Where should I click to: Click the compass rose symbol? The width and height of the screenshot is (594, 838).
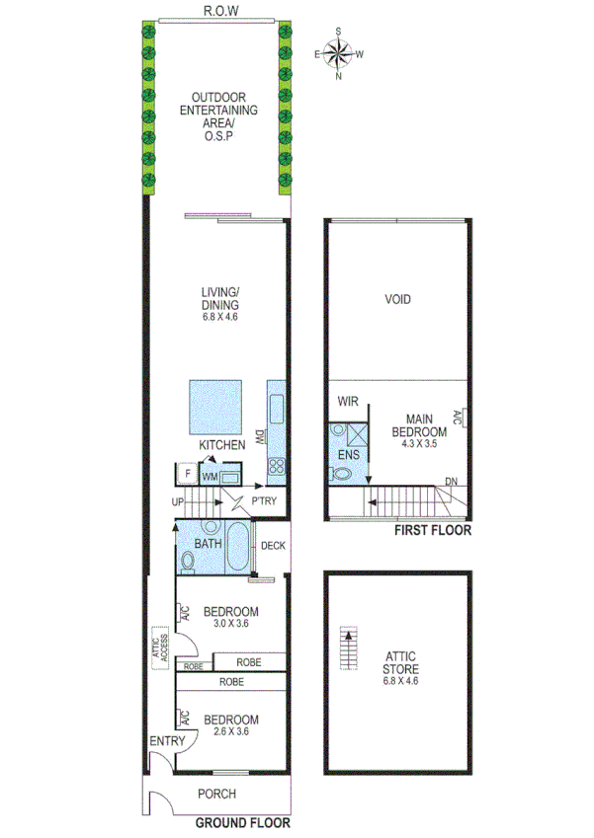click(x=339, y=53)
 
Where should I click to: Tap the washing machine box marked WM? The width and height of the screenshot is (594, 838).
click(x=209, y=477)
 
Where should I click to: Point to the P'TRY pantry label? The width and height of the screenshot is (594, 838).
click(x=264, y=501)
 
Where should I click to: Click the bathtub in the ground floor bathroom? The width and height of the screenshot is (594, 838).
click(x=238, y=548)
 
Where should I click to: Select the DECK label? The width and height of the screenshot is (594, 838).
click(x=273, y=546)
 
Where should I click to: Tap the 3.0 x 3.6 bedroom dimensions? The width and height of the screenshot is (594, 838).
click(x=230, y=624)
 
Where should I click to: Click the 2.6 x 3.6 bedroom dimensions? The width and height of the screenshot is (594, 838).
click(x=230, y=732)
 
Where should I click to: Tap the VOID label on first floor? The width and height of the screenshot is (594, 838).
click(x=397, y=299)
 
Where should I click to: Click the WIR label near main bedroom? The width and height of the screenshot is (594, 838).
click(x=347, y=402)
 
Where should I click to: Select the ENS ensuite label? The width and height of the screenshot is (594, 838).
click(x=348, y=454)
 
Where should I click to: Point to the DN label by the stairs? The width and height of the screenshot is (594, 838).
click(x=451, y=482)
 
